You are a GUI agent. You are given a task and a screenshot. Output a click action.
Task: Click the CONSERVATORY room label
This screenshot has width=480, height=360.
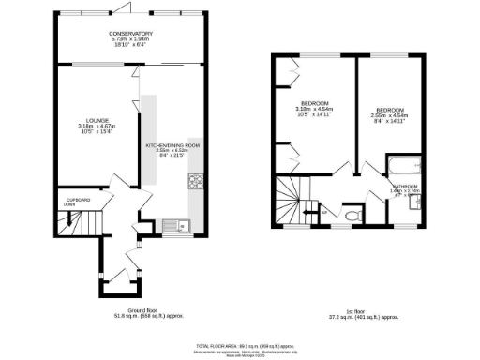point(129,34)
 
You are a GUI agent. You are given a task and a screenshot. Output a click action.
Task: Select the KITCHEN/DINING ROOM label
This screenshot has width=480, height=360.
point(172,145)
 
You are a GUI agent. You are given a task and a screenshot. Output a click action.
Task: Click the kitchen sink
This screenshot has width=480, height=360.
point(171,224)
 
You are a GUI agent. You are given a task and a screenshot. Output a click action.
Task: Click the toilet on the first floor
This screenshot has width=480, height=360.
point(352,215)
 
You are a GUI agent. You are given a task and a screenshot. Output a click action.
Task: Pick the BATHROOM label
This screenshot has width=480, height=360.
point(405,187)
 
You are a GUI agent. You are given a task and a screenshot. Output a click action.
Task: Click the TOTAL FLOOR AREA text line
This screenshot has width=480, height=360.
point(240,345)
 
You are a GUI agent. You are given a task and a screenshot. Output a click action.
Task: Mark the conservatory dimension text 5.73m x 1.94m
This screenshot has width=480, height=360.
point(129,39)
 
